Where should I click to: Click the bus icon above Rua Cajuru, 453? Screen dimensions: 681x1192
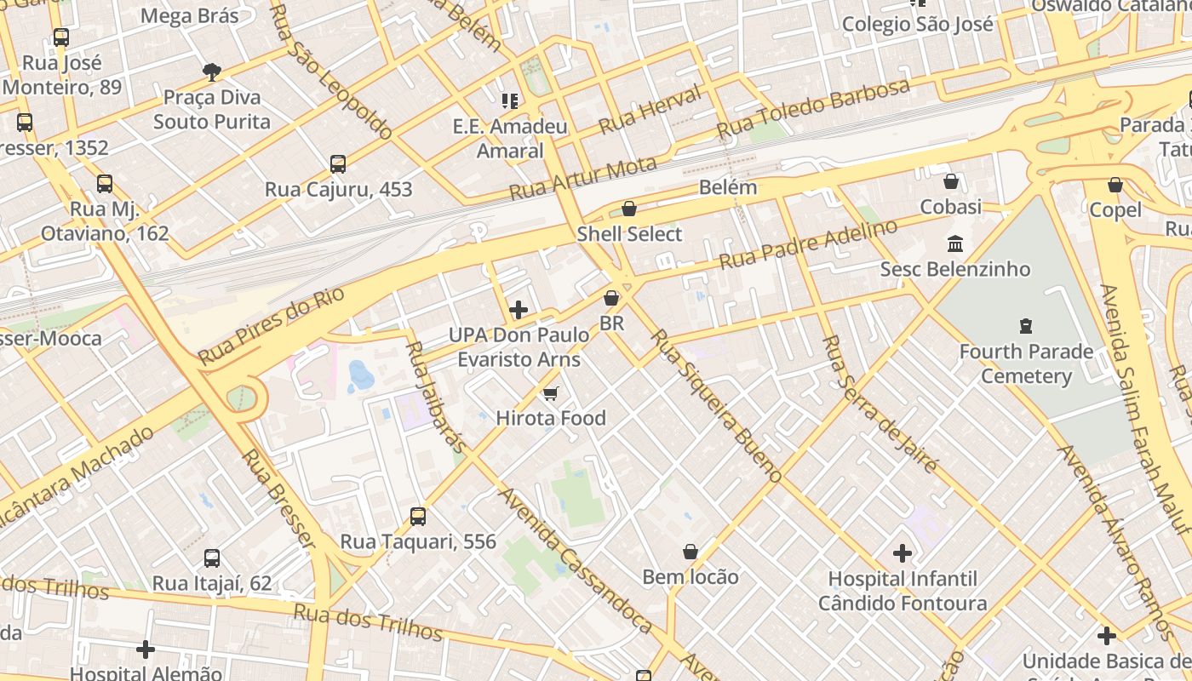tap(338, 164)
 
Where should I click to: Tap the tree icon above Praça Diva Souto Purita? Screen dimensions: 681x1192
tap(211, 72)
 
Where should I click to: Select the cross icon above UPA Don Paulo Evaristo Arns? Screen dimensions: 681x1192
tap(518, 310)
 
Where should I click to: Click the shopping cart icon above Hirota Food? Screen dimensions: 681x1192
tap(550, 393)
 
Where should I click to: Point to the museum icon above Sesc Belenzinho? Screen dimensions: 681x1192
tap(954, 244)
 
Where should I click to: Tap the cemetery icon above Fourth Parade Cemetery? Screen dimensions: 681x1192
tap(1025, 326)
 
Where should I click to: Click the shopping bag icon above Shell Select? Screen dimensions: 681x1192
tap(629, 209)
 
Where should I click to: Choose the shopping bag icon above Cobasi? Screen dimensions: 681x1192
tap(950, 181)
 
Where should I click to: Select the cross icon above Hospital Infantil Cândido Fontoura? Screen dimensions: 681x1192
tap(902, 554)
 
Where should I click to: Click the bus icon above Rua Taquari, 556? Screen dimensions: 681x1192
tap(418, 517)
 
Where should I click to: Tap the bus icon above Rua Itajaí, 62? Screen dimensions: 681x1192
tap(212, 558)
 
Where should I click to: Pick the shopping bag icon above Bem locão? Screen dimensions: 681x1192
tap(690, 552)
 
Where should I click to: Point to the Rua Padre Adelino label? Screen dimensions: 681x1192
tap(808, 243)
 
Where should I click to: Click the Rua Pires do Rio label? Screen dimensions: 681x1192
tap(272, 326)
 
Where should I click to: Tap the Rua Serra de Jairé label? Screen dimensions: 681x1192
tap(880, 403)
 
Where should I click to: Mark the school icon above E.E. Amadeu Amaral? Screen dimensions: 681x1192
tap(510, 102)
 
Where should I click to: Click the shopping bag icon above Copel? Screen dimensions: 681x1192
tap(1115, 185)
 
